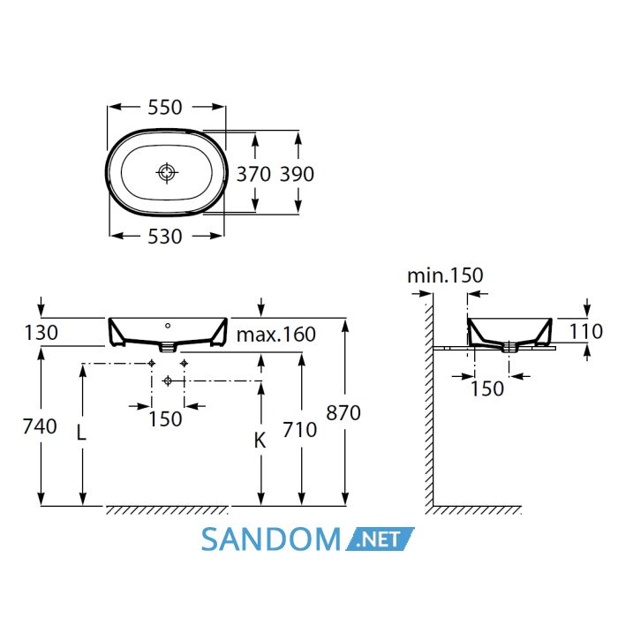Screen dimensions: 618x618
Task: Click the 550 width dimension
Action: pos(165,107)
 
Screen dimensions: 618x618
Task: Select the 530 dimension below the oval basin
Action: pos(165,237)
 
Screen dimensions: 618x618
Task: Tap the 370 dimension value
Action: pos(253,174)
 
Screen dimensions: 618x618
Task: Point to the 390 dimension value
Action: pos(297,174)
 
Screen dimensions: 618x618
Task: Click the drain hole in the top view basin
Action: pos(167,172)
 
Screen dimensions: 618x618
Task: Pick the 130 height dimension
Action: pos(41,333)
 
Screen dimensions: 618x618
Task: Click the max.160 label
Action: pos(275,335)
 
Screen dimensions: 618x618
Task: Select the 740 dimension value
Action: pos(40,426)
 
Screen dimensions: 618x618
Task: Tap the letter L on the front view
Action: pos(81,433)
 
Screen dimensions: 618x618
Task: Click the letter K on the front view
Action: pos(260,441)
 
